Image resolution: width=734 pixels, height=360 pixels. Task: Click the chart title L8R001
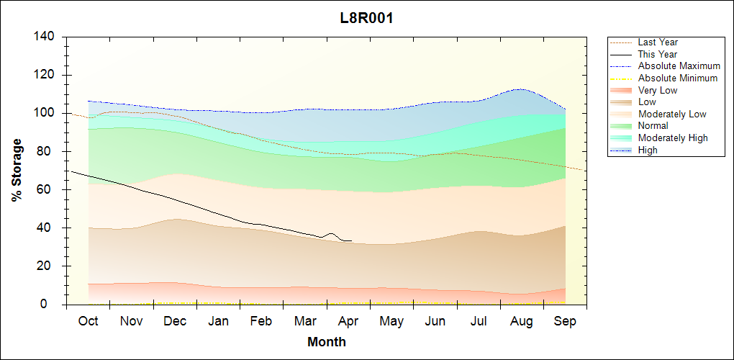click(x=366, y=18)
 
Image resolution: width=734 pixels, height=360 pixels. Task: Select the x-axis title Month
click(x=327, y=342)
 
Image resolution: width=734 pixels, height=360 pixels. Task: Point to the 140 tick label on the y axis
click(x=45, y=36)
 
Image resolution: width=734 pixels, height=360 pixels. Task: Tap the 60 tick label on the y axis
click(x=47, y=189)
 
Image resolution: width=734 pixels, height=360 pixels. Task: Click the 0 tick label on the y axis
click(x=51, y=305)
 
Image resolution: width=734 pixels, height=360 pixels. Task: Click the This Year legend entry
click(x=657, y=54)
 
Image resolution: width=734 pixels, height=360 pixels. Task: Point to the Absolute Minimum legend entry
click(x=677, y=78)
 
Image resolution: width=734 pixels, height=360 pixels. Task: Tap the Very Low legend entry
click(x=657, y=90)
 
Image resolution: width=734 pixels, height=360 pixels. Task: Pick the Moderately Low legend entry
click(x=672, y=114)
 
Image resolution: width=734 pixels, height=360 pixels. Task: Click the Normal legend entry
click(x=653, y=126)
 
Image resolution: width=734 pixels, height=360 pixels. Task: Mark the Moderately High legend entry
click(x=673, y=138)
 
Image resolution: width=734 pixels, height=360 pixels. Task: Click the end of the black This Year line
click(x=352, y=240)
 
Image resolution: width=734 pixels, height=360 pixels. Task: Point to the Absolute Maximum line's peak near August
click(x=518, y=89)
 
